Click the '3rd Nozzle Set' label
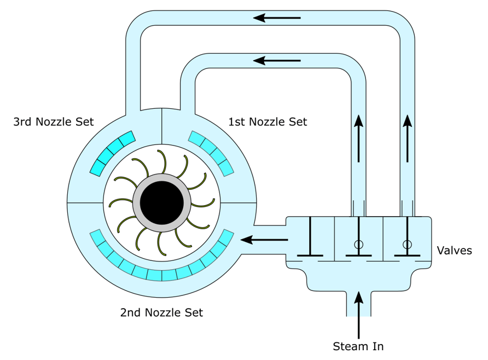tap(54, 122)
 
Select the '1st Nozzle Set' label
tap(268, 122)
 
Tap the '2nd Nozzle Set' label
tap(161, 313)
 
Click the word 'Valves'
tap(454, 251)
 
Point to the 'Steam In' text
tap(358, 346)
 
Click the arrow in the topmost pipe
tap(277, 18)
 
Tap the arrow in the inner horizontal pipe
tap(277, 60)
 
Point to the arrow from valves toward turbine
tap(265, 239)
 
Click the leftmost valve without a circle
tap(310, 239)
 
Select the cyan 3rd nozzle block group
tap(112, 153)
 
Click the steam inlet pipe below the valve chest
tap(358, 304)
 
